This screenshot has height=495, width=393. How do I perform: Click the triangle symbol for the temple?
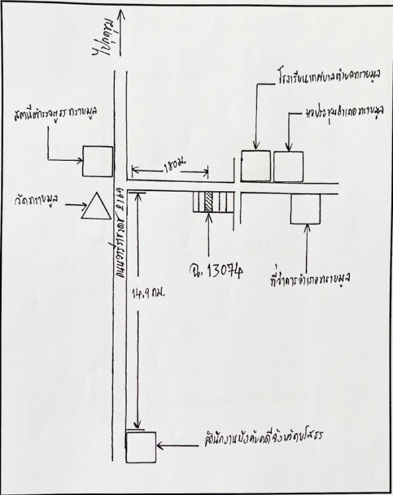95,207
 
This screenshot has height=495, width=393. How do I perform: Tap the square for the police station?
98,162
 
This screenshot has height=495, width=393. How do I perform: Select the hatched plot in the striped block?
208,203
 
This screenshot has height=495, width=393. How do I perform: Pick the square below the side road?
306,209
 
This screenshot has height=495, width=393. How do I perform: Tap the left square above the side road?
255,166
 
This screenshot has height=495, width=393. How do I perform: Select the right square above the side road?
289,166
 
